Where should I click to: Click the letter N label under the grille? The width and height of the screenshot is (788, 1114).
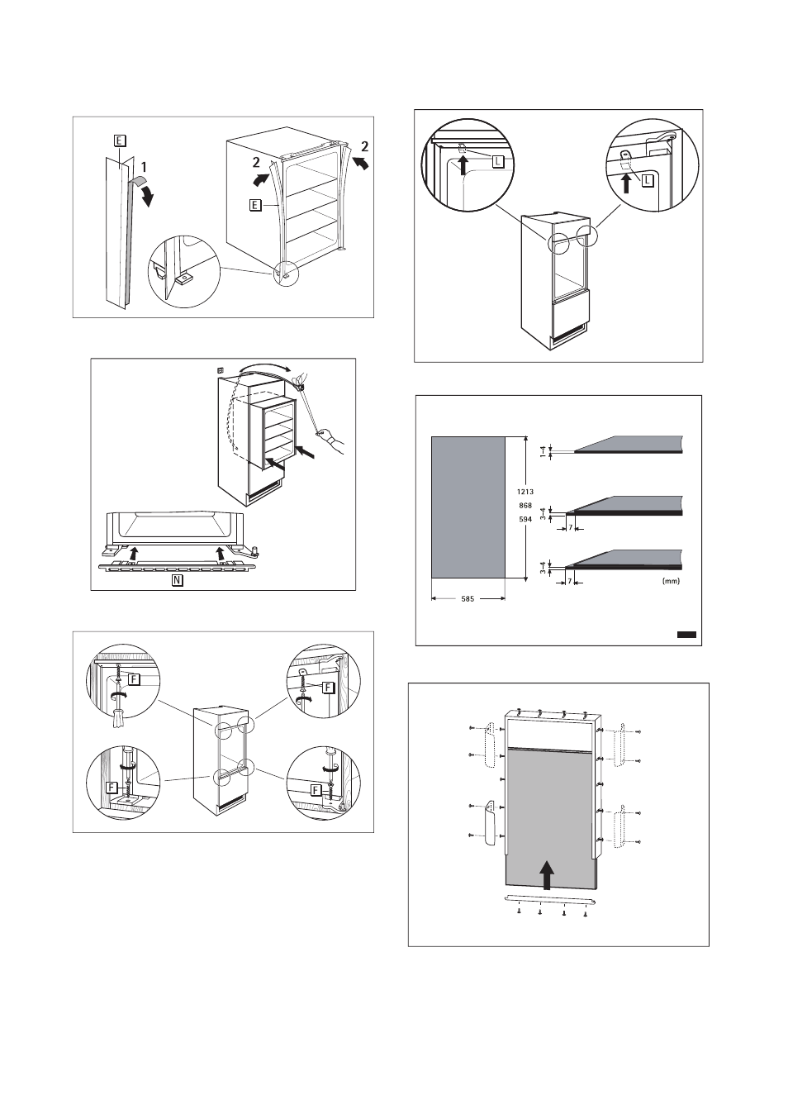pyautogui.click(x=177, y=580)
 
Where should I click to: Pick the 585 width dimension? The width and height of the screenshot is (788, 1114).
pyautogui.click(x=468, y=600)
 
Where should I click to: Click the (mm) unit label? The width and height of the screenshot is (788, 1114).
pyautogui.click(x=670, y=582)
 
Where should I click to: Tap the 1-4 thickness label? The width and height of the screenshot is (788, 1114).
pyautogui.click(x=543, y=451)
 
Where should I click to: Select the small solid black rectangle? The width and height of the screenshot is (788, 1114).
pyautogui.click(x=686, y=635)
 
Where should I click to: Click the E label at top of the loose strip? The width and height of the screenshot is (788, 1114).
pyautogui.click(x=120, y=140)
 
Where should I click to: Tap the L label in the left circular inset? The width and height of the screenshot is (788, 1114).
pyautogui.click(x=497, y=162)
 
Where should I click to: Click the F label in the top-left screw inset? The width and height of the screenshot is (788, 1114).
pyautogui.click(x=134, y=678)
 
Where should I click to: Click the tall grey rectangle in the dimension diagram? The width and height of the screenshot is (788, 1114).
pyautogui.click(x=468, y=507)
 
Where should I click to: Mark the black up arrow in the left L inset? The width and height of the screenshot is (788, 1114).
pyautogui.click(x=464, y=165)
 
